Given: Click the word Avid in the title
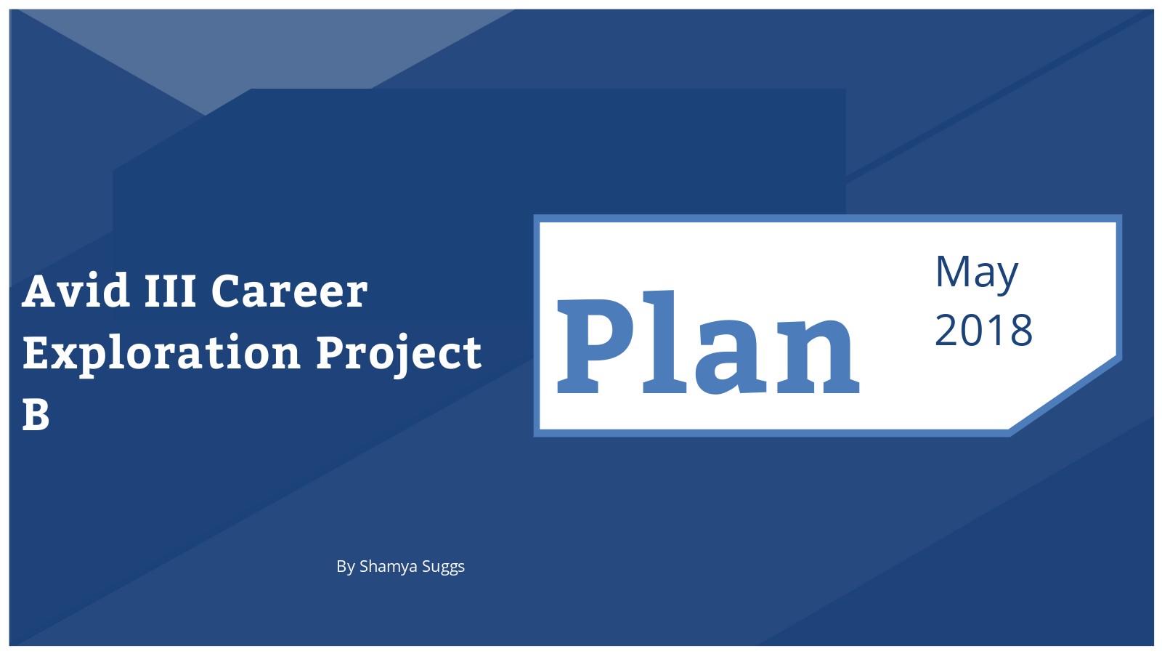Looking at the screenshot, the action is pyautogui.click(x=76, y=290).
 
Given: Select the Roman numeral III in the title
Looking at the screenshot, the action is pyautogui.click(x=170, y=291).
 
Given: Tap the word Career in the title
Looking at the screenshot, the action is pyautogui.click(x=290, y=291).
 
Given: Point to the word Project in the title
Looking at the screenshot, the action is pyautogui.click(x=399, y=354).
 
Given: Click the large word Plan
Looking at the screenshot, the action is pyautogui.click(x=708, y=342).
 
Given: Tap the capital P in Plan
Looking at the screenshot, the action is pyautogui.click(x=595, y=346).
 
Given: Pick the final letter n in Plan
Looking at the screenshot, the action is pyautogui.click(x=818, y=357).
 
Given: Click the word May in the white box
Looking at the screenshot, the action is pyautogui.click(x=977, y=272).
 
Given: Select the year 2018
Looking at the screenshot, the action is pyautogui.click(x=983, y=330).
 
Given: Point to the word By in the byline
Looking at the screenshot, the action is pyautogui.click(x=346, y=567).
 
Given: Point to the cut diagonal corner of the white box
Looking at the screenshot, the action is pyautogui.click(x=1066, y=395).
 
